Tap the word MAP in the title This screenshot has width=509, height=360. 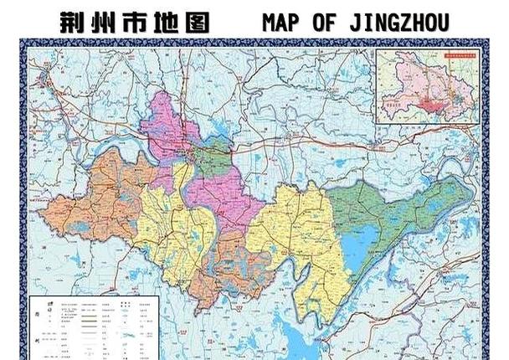(284, 23)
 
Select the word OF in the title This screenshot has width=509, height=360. (327, 23)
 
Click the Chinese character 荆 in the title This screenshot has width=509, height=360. (75, 23)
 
